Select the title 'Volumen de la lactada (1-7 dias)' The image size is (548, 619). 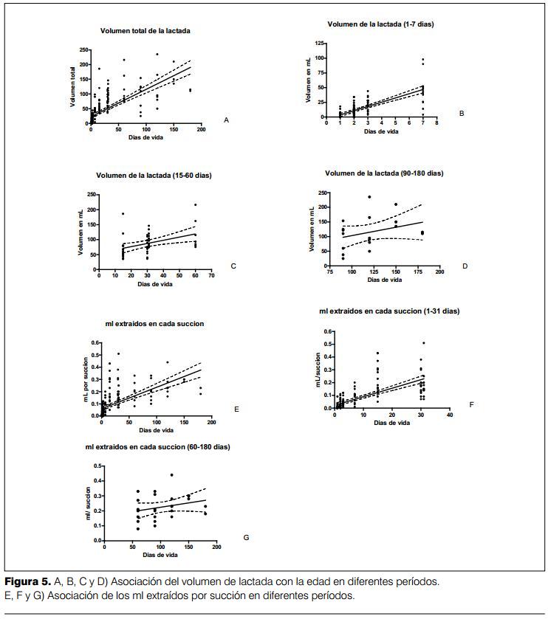380,24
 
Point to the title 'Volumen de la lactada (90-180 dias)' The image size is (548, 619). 384,173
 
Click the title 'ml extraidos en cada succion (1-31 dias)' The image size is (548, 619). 389,311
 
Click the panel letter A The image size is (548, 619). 226,119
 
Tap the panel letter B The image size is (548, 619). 461,114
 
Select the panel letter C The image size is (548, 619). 233,266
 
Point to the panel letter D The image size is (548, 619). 465,266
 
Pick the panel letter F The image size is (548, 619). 471,404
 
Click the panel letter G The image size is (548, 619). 246,537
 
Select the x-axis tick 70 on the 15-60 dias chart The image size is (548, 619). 210,276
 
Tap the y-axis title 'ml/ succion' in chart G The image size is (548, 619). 88,503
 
